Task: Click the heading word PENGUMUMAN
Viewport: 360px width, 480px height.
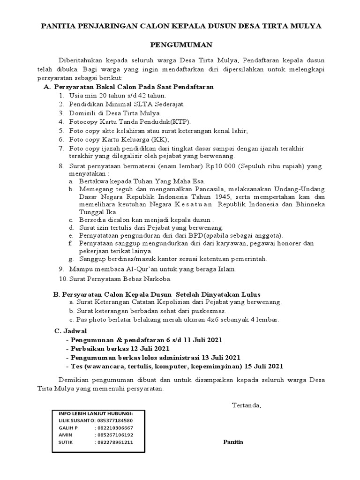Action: pos(181,45)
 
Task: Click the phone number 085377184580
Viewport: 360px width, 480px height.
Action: pos(116,420)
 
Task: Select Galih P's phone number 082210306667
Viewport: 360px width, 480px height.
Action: pos(114,427)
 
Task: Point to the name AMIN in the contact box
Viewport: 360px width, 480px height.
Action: pos(65,435)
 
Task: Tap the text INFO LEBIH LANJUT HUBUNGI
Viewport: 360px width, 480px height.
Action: pos(96,413)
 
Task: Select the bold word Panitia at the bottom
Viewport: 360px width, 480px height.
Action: pos(233,442)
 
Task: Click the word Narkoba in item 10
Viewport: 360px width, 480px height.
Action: pos(150,278)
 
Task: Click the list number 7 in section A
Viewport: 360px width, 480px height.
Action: pos(61,148)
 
